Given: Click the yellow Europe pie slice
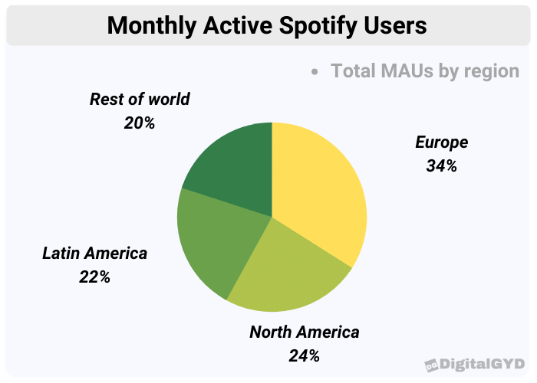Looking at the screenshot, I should pos(318,191).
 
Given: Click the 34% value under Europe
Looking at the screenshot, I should pos(441,165).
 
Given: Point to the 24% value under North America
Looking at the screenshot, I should pos(304,355).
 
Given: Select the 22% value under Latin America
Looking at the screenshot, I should pos(94,277).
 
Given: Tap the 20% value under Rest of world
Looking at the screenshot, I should pos(140,123).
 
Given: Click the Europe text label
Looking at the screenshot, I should pos(441,142).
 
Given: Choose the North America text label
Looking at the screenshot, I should pos(304,332).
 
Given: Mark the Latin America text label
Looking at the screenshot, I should pos(94,254).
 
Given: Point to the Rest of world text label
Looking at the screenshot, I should pos(140,100).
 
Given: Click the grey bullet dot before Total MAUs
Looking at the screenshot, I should pos(315,72).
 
